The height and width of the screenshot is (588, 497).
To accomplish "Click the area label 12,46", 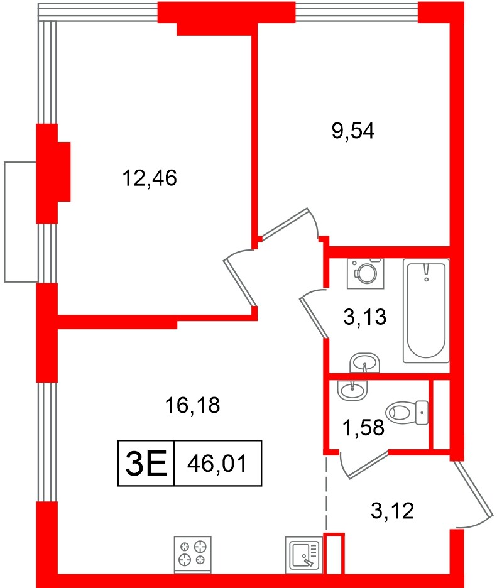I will tap(150, 179).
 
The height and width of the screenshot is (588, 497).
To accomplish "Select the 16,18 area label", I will tap(192, 406).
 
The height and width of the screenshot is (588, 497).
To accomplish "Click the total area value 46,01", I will tap(217, 465).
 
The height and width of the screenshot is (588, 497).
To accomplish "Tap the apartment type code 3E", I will tap(146, 465).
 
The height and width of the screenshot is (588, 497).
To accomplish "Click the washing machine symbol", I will tap(365, 273).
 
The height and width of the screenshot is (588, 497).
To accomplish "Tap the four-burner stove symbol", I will tap(193, 553).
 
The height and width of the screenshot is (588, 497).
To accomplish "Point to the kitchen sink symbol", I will tap(304, 554).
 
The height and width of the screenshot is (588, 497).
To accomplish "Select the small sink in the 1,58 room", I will tap(352, 390).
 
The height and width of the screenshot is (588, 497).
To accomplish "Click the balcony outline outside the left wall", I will tap(20, 221).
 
